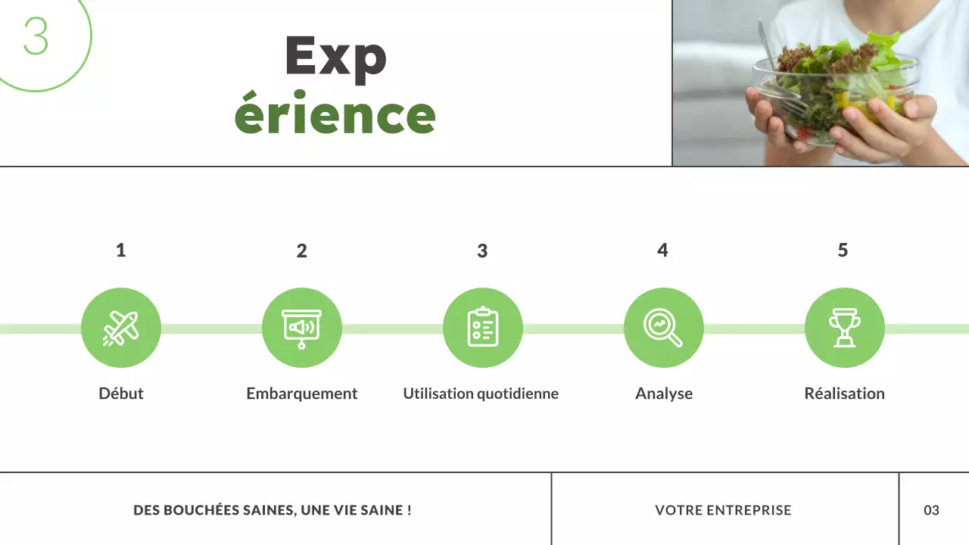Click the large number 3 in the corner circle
pyautogui.click(x=36, y=36)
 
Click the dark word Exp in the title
pyautogui.click(x=335, y=56)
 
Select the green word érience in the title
pyautogui.click(x=335, y=115)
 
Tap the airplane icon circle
pyautogui.click(x=121, y=328)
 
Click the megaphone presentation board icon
pyautogui.click(x=301, y=328)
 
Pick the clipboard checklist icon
pyautogui.click(x=482, y=328)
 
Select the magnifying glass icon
pyautogui.click(x=663, y=328)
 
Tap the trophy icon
pyautogui.click(x=844, y=328)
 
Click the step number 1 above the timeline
pyautogui.click(x=120, y=250)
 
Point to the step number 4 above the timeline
pyautogui.click(x=662, y=250)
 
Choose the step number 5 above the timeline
pyautogui.click(x=843, y=250)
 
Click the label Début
pyautogui.click(x=121, y=394)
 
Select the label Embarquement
pyautogui.click(x=302, y=394)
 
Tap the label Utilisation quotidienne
pyautogui.click(x=481, y=394)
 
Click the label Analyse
pyautogui.click(x=664, y=394)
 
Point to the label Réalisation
pyautogui.click(x=844, y=394)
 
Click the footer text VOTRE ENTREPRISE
pyautogui.click(x=723, y=510)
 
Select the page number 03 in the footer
pyautogui.click(x=931, y=510)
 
